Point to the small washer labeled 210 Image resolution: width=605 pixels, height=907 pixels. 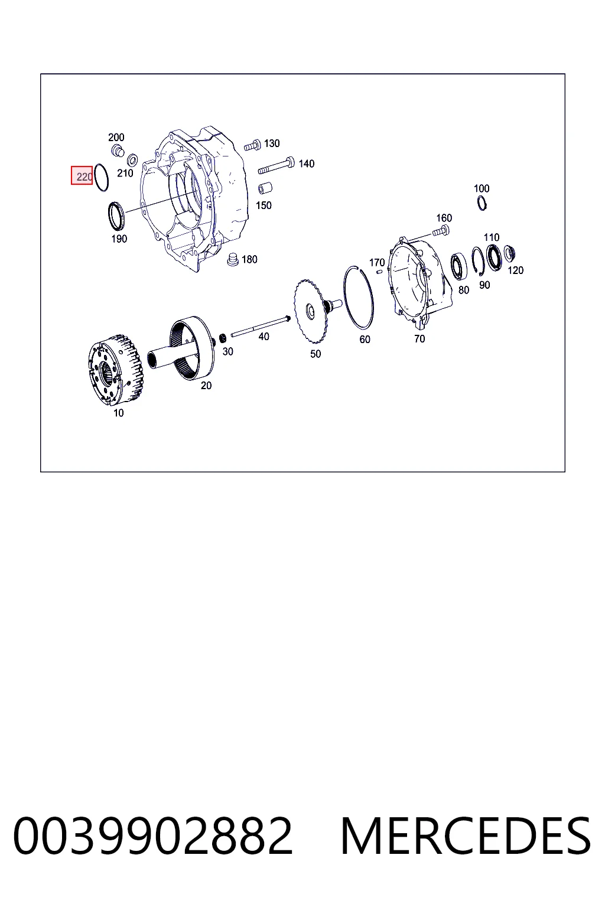[132, 160]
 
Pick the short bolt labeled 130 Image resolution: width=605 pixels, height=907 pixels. [252, 145]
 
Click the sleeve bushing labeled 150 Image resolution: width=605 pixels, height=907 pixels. [265, 188]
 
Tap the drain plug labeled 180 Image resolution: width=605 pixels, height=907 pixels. [233, 260]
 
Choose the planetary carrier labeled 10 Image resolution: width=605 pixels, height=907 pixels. [115, 369]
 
